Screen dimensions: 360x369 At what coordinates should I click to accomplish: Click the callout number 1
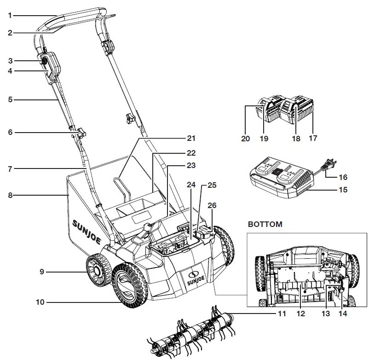tap(10, 15)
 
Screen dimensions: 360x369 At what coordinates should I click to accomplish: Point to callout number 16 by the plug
tap(343, 177)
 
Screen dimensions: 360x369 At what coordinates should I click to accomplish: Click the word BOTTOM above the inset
tap(265, 225)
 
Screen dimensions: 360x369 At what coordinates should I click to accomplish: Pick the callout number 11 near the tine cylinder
tap(281, 314)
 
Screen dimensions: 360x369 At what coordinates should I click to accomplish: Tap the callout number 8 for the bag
tap(10, 195)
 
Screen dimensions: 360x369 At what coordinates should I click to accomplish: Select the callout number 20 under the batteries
tap(246, 138)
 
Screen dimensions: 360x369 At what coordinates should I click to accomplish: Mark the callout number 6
tap(10, 132)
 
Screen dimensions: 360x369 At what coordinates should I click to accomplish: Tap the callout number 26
tap(212, 205)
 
